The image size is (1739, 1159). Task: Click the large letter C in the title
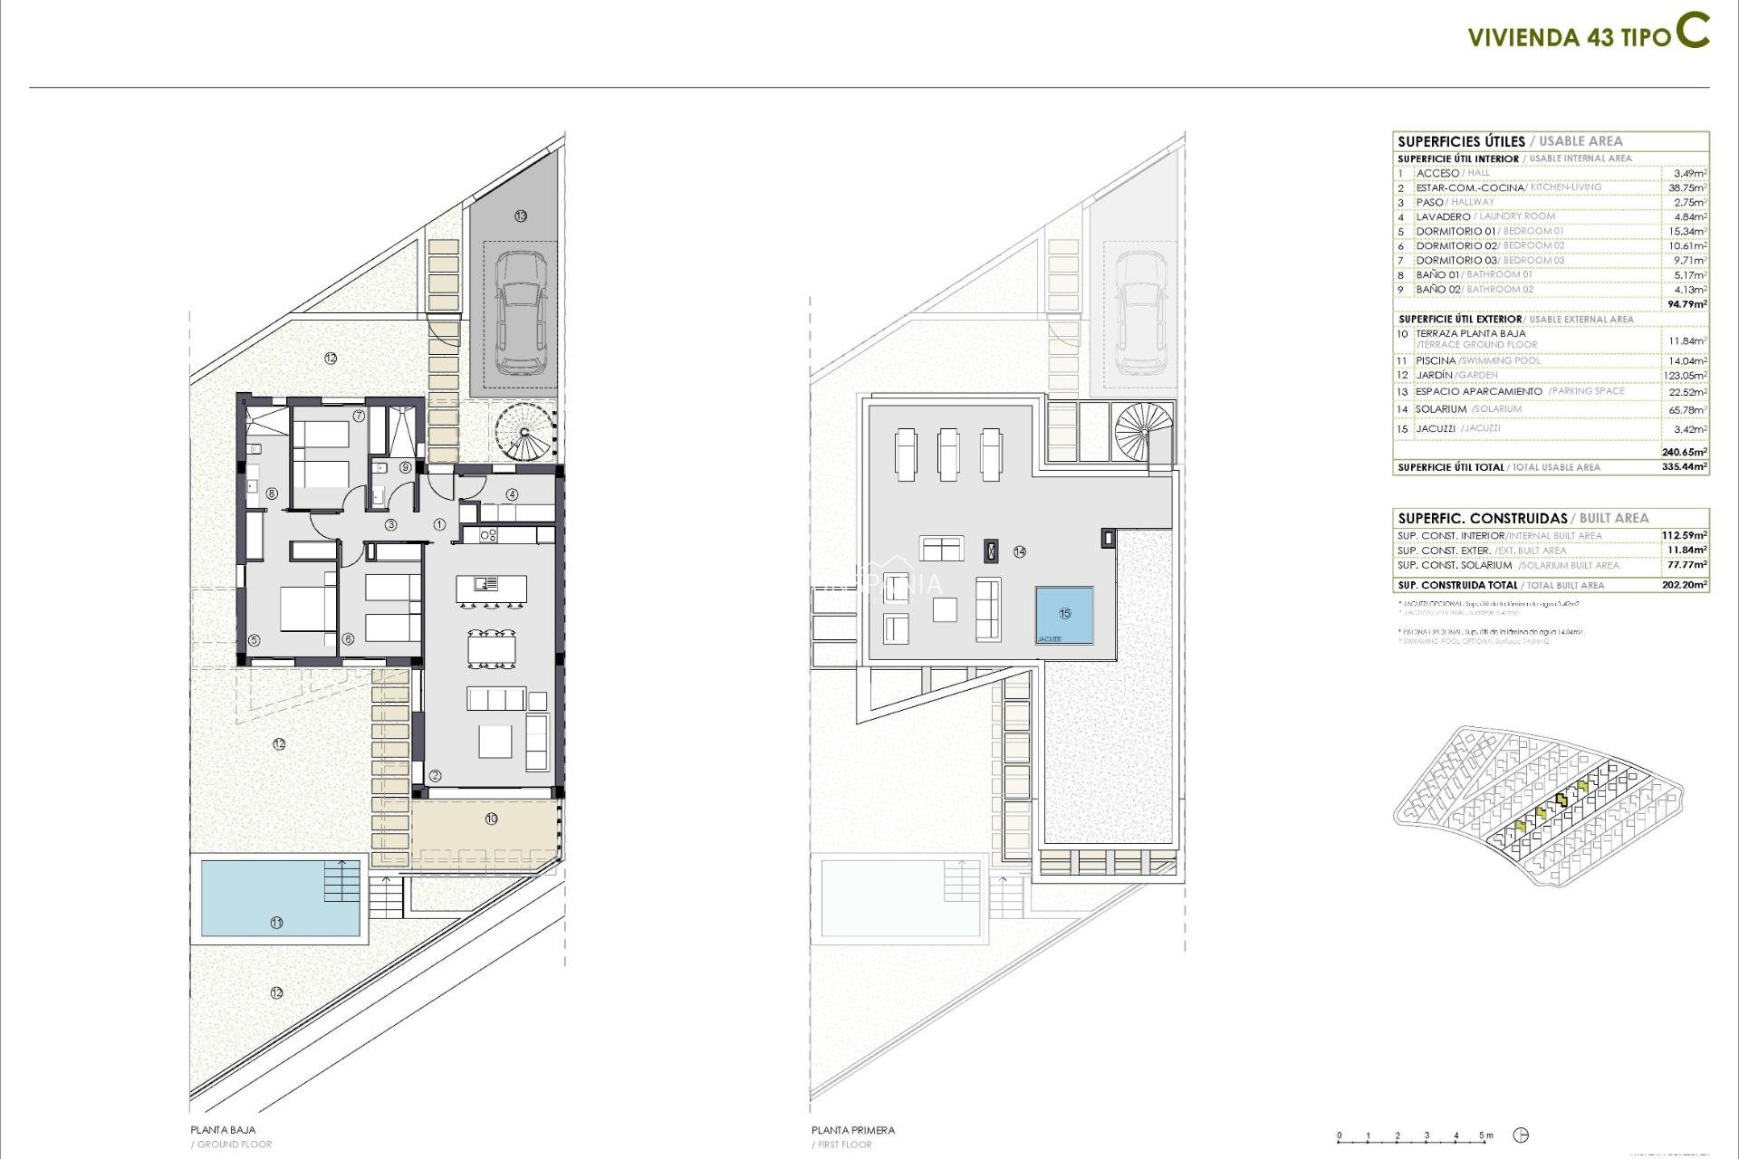click(x=1691, y=31)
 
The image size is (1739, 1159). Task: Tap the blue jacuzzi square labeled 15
click(x=1064, y=615)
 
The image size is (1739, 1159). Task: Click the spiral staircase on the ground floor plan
click(x=524, y=432)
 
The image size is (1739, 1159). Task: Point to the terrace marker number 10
click(x=491, y=819)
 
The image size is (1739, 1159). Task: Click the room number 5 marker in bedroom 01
click(x=254, y=640)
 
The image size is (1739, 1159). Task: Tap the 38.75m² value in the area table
click(x=1687, y=187)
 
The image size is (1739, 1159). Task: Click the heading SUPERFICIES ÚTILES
click(x=1461, y=141)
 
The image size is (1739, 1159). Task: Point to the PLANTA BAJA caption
click(x=223, y=1130)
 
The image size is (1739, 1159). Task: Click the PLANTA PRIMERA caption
click(x=852, y=1130)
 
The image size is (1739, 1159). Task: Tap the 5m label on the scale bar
click(x=1485, y=1135)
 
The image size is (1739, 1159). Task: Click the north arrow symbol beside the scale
click(x=1522, y=1135)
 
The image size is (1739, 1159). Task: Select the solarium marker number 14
click(x=1020, y=551)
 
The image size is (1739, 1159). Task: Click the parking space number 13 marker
click(x=520, y=216)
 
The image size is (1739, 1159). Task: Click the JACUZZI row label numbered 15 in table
click(x=1436, y=428)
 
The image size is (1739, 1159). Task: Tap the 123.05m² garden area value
click(x=1686, y=376)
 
